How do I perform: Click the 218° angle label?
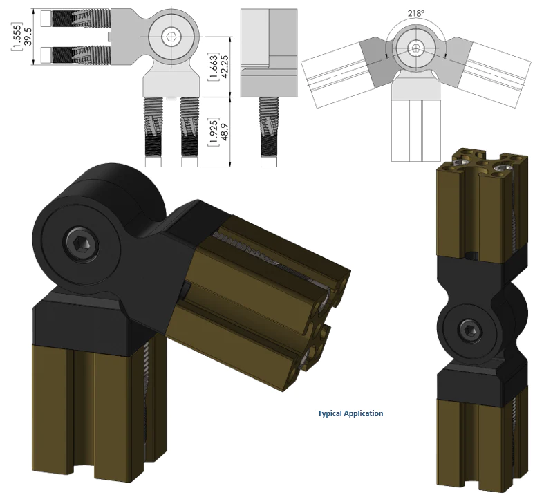pyautogui.click(x=415, y=12)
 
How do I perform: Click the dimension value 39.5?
pyautogui.click(x=26, y=35)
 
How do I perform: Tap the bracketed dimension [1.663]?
pyautogui.click(x=213, y=67)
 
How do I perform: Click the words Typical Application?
pyautogui.click(x=350, y=413)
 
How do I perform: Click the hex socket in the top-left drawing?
pyautogui.click(x=171, y=37)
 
